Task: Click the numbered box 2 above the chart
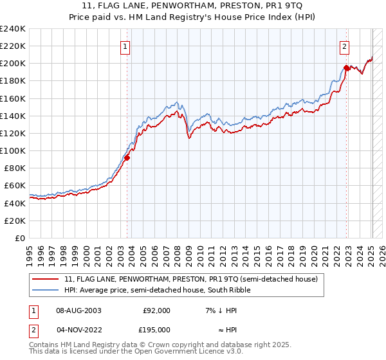pyautogui.click(x=345, y=46)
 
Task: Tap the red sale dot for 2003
pyautogui.click(x=127, y=157)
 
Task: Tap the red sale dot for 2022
pyautogui.click(x=346, y=67)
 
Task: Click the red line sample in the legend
pyautogui.click(x=46, y=279)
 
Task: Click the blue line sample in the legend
pyautogui.click(x=46, y=290)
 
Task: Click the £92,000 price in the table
pyautogui.click(x=156, y=310)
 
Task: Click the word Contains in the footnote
pyautogui.click(x=44, y=345)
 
